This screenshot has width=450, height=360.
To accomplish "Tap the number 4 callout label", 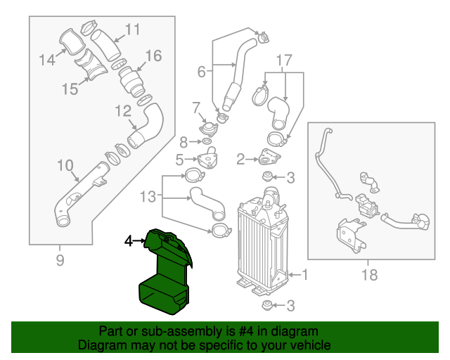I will click(x=128, y=241).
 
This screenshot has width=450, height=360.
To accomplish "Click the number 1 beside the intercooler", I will click(x=304, y=275).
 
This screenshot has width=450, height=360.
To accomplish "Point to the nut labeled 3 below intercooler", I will click(x=267, y=305).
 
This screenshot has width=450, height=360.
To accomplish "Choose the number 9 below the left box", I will click(x=59, y=262).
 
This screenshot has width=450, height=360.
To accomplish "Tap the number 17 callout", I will click(x=283, y=59).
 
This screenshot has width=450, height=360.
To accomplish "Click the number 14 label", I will click(x=47, y=60).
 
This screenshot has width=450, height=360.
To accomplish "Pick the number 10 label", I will click(x=65, y=166).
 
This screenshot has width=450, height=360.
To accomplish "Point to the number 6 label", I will click(x=201, y=71).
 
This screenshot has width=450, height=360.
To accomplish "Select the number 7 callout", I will click(x=196, y=107).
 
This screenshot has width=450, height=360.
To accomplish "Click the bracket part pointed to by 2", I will click(x=270, y=157).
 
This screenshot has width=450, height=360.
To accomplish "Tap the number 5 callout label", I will click(x=180, y=159).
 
